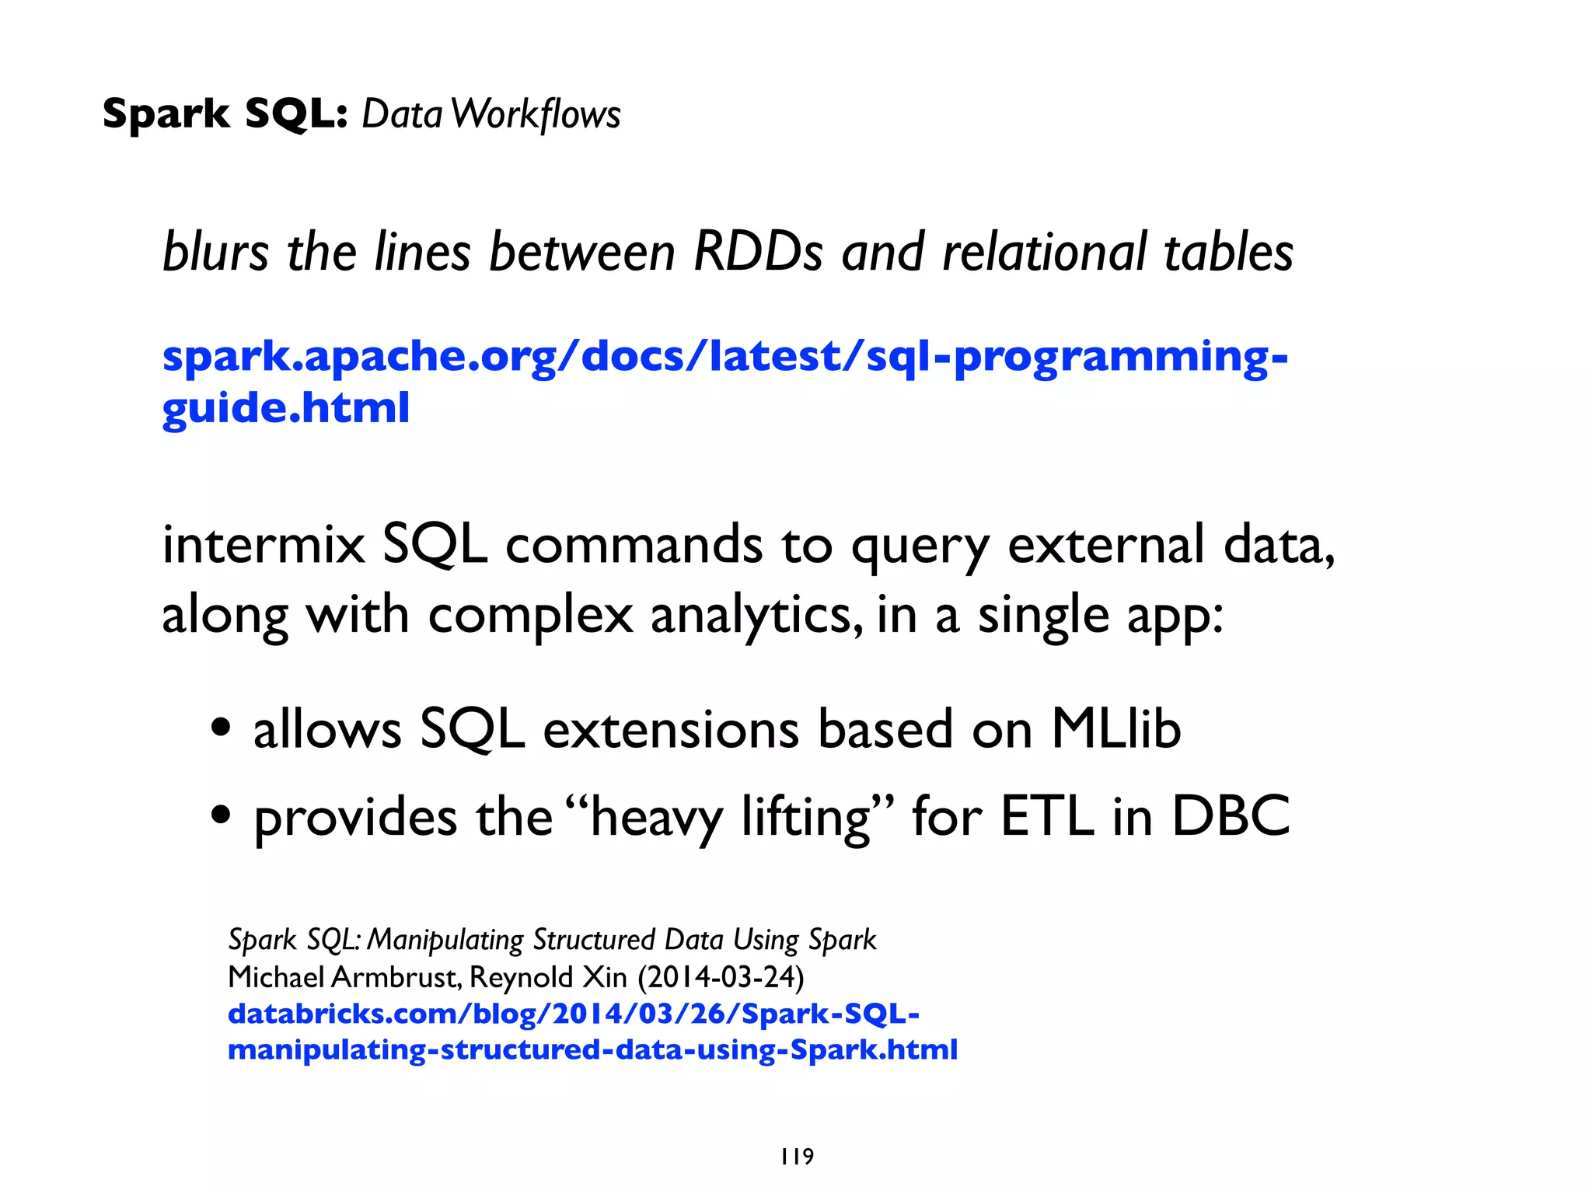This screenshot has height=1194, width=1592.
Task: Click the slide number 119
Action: [797, 1157]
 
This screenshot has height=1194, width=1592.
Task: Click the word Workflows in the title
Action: [536, 114]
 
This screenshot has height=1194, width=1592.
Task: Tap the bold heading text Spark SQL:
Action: [225, 114]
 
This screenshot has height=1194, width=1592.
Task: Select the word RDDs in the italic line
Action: [758, 253]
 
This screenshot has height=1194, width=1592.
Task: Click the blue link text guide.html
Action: [285, 407]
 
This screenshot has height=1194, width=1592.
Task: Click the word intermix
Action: [264, 544]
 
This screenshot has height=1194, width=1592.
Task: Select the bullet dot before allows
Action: [222, 728]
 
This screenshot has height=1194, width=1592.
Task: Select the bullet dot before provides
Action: [222, 815]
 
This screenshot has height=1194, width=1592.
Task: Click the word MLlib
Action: [1115, 728]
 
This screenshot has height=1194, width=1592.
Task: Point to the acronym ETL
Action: [1046, 815]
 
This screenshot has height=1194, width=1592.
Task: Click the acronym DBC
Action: [1231, 815]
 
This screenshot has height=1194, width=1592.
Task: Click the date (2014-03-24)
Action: [721, 977]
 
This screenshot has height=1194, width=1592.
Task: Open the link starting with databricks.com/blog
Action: [574, 1014]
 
